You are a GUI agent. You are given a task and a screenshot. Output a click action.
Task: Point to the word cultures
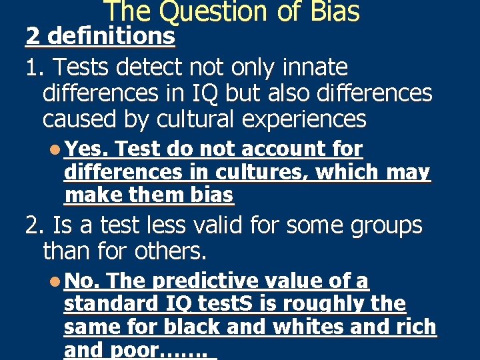click(x=263, y=173)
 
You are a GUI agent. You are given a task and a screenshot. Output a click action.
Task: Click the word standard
click(x=110, y=305)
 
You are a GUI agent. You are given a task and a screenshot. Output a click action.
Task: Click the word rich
click(x=416, y=328)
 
